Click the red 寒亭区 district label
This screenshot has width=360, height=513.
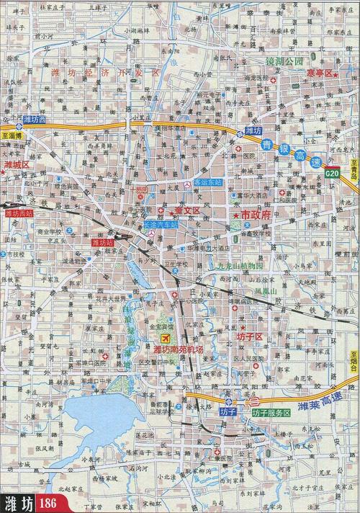pos(321,73)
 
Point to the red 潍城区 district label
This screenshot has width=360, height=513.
pos(14,165)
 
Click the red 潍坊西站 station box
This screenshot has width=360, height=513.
pos(19,213)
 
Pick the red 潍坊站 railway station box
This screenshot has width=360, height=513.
pos(103,243)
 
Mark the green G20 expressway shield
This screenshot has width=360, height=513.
pos(332,174)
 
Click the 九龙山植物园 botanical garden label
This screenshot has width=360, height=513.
pos(242,265)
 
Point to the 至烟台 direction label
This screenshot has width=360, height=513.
pos(354,360)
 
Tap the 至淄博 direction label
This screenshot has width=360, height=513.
pos(13,135)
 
